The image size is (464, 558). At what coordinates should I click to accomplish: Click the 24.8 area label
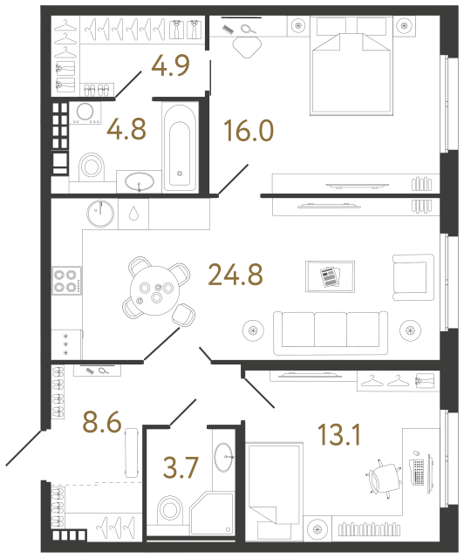pos(235,276)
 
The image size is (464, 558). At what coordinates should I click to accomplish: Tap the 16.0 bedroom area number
pos(248,133)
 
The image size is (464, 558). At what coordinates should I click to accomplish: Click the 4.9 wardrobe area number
pos(169,65)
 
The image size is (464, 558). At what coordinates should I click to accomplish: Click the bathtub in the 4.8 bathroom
pos(181,146)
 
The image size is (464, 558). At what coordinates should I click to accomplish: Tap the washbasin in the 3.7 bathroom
pos(224,453)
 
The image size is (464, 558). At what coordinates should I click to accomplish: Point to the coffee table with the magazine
pos(330,277)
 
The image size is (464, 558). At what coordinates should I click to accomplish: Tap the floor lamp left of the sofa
pos(254,330)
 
